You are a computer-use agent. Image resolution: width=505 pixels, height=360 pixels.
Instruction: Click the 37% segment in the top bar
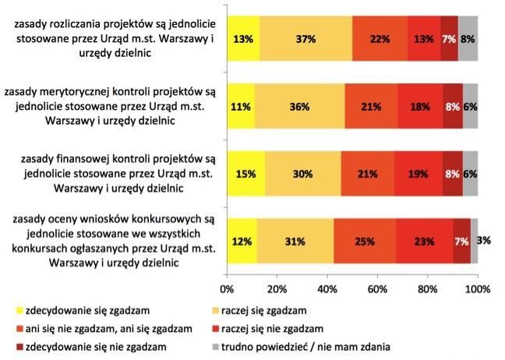pos(305,37)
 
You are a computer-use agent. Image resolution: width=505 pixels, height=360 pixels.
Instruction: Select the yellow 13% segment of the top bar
pos(243,37)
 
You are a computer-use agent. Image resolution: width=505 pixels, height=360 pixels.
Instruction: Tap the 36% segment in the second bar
pos(299,106)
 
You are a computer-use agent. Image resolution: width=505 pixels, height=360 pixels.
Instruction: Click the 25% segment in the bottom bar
pos(364,241)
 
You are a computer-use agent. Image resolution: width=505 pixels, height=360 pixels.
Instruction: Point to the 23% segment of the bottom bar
pos(424,241)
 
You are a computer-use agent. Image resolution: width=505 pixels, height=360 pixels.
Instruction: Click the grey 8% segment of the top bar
pos(468,37)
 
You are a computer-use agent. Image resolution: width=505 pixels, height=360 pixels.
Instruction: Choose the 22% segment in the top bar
pos(380,37)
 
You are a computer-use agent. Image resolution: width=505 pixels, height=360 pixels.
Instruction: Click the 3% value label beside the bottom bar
pos(484,241)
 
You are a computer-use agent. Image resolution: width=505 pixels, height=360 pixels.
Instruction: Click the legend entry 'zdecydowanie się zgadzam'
pos(86,310)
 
